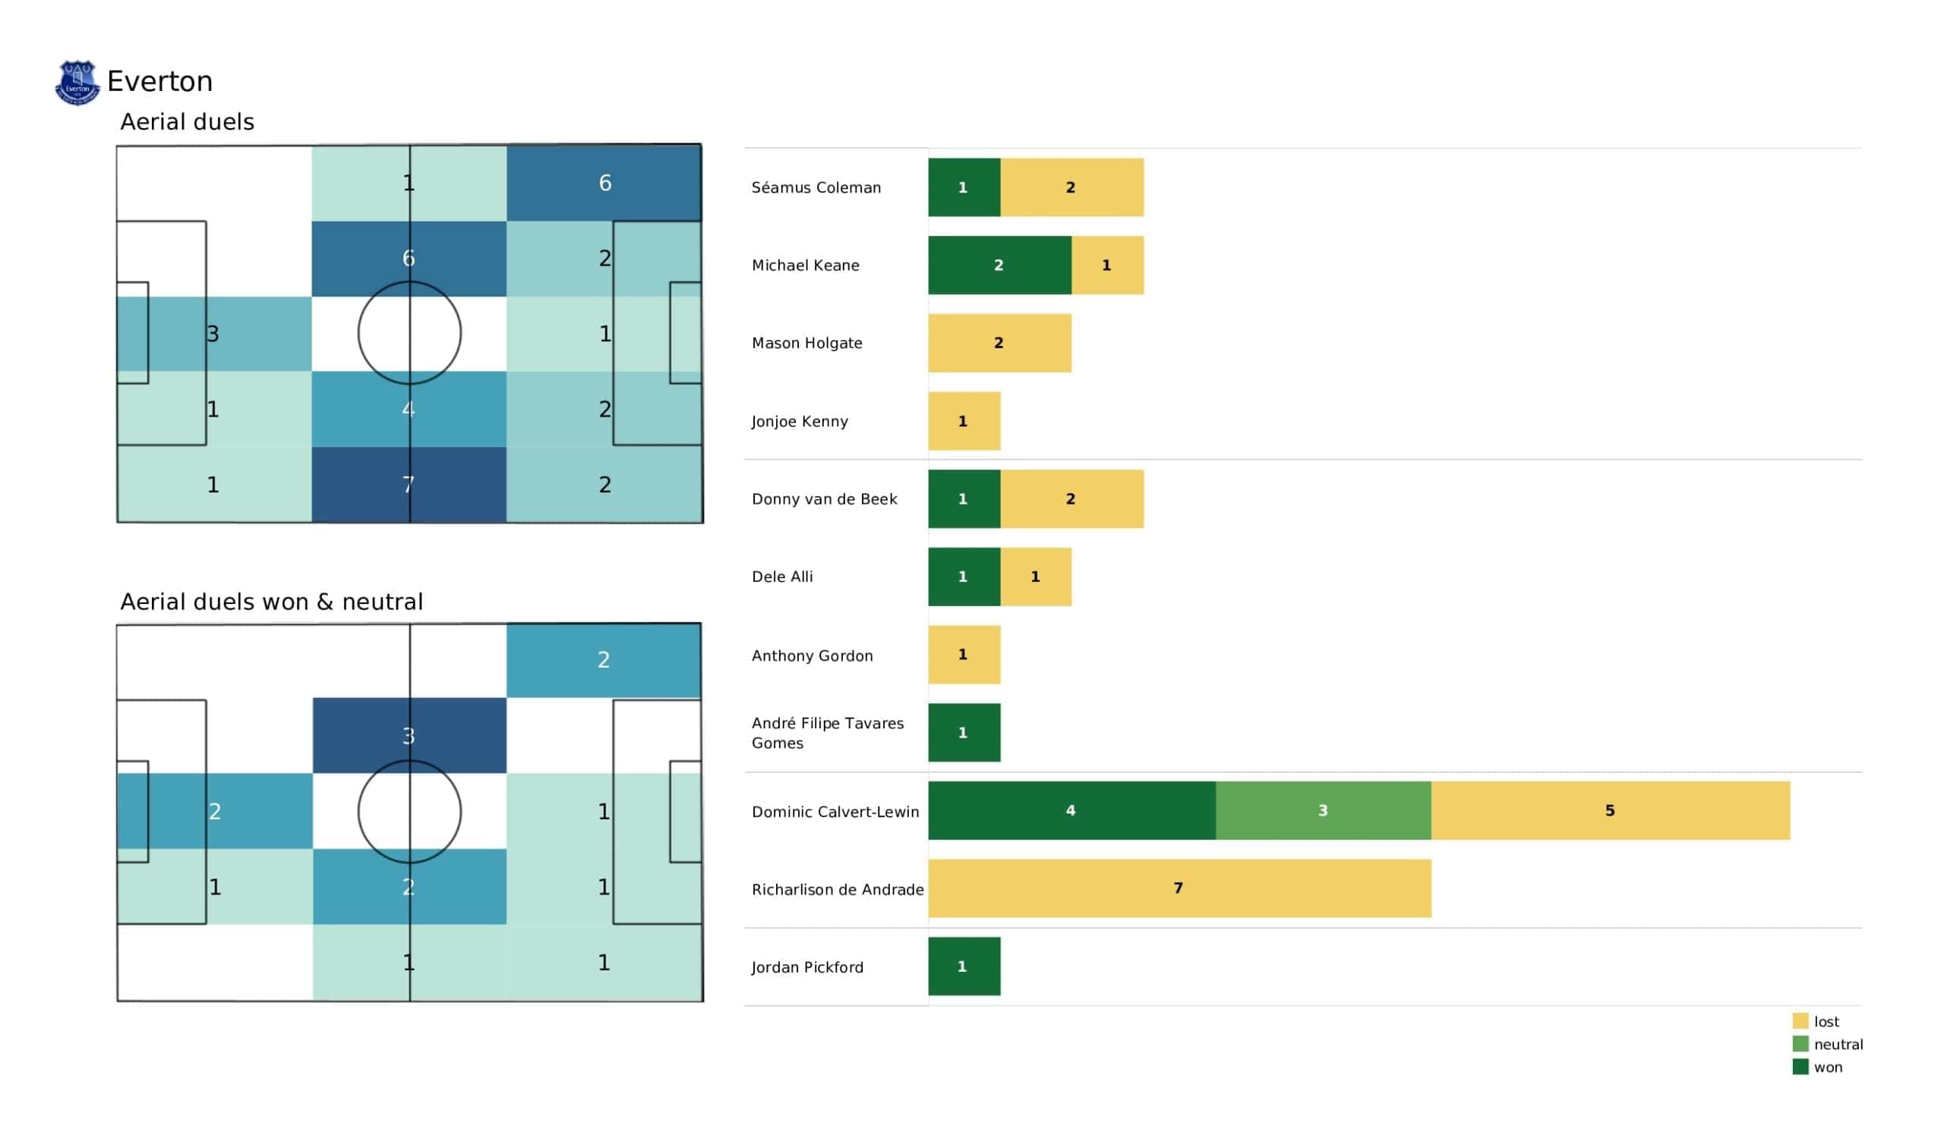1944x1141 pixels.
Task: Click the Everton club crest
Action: pyautogui.click(x=77, y=83)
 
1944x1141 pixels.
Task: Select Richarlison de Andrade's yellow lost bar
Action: pyautogui.click(x=1179, y=888)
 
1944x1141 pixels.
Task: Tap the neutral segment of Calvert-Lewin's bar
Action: pyautogui.click(x=1323, y=810)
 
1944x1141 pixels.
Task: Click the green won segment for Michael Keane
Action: pyautogui.click(x=1000, y=266)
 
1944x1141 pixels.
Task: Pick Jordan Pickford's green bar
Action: pyautogui.click(x=964, y=967)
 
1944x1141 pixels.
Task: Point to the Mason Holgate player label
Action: pyautogui.click(x=807, y=343)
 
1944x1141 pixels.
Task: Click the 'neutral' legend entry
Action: pyautogui.click(x=1829, y=1045)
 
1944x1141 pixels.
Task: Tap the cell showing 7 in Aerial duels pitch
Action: pyautogui.click(x=409, y=484)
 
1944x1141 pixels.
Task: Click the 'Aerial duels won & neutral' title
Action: pyautogui.click(x=272, y=602)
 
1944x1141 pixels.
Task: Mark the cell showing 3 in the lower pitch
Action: pyautogui.click(x=409, y=735)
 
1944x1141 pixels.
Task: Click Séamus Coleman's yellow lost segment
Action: pyautogui.click(x=1072, y=187)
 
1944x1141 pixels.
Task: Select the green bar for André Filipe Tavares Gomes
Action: pyautogui.click(x=964, y=732)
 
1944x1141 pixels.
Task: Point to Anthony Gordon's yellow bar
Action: pyautogui.click(x=964, y=655)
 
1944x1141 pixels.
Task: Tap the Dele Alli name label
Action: pyautogui.click(x=782, y=577)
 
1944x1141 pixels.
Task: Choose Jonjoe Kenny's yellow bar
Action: pyautogui.click(x=964, y=421)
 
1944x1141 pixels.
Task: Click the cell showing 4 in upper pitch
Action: pyautogui.click(x=409, y=409)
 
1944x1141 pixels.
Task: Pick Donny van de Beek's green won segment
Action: pyautogui.click(x=964, y=498)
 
